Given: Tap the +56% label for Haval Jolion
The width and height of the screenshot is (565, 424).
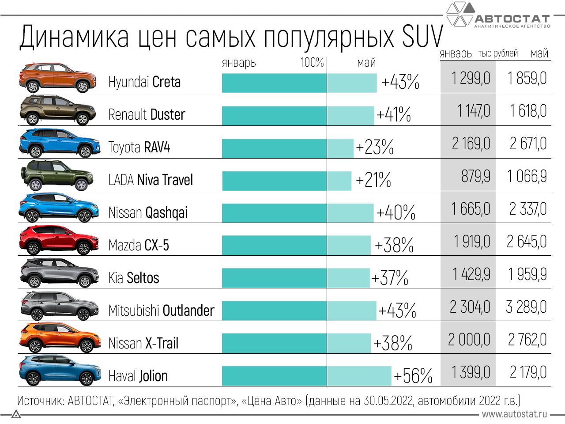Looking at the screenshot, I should (x=413, y=376).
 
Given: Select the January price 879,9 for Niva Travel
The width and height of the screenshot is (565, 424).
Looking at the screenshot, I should (x=475, y=176).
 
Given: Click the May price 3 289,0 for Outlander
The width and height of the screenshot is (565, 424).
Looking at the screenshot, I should (x=526, y=307).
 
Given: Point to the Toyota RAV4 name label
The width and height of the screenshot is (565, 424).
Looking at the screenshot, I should (x=139, y=147).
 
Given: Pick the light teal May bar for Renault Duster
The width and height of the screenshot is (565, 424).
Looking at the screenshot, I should (x=350, y=116).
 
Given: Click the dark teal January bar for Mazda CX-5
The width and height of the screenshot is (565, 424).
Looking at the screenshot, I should (x=274, y=246).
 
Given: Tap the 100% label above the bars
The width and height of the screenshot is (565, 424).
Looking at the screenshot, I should (x=312, y=62).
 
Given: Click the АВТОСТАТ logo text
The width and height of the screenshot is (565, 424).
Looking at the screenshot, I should (x=512, y=19).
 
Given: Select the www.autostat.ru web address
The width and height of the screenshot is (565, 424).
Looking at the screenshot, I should (x=514, y=414).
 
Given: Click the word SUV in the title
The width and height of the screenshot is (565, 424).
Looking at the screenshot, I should (x=422, y=37).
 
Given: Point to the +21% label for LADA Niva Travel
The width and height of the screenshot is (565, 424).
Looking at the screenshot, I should (x=373, y=180).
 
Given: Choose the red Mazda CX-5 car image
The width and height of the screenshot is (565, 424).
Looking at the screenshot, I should (x=59, y=240).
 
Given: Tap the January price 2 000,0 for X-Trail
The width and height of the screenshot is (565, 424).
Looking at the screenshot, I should (x=469, y=340).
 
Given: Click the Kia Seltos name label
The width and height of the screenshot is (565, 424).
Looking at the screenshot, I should (x=134, y=278).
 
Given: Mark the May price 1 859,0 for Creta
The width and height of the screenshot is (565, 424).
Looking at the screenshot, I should (x=527, y=78).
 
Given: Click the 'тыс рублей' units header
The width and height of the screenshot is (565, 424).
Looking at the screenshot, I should (x=498, y=53).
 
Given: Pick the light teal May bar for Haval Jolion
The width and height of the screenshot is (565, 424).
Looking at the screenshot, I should (x=359, y=376).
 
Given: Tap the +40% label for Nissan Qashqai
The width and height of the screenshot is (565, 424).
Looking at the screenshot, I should (x=395, y=212).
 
